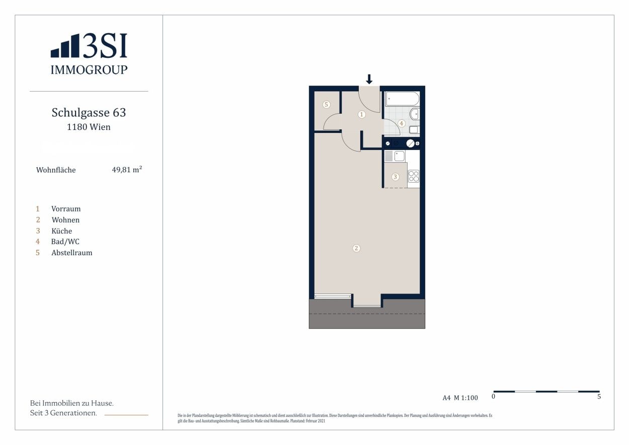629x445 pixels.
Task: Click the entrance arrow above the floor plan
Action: click(x=369, y=79)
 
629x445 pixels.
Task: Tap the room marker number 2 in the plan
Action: click(x=356, y=248)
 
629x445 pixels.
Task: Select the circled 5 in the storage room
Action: click(x=326, y=105)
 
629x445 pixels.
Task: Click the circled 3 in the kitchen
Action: click(x=396, y=177)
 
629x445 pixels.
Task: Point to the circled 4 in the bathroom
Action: click(x=401, y=123)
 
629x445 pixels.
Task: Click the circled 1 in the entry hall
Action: click(x=362, y=114)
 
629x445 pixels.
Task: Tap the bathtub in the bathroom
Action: click(x=403, y=99)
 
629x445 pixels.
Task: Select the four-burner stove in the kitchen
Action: click(x=414, y=176)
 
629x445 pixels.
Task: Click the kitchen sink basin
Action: click(x=400, y=156)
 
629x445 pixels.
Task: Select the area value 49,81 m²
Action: click(x=127, y=170)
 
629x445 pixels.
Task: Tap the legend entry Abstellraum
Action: click(x=72, y=253)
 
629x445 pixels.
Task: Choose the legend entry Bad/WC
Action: click(x=65, y=242)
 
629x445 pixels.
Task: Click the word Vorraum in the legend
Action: click(x=66, y=209)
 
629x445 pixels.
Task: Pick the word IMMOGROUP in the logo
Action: click(x=89, y=69)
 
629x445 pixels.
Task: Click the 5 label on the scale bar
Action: click(x=599, y=396)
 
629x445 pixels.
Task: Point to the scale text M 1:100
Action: click(x=466, y=398)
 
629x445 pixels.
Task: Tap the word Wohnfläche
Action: click(x=56, y=170)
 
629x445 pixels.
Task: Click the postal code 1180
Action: click(x=77, y=127)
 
